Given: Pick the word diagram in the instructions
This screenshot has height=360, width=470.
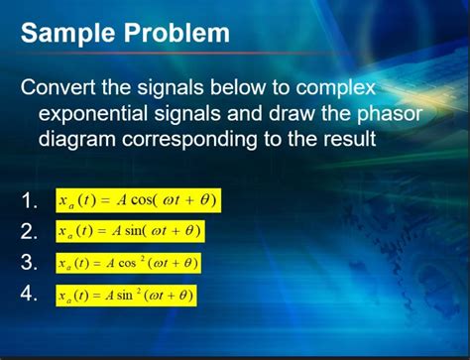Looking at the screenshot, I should tap(80, 140).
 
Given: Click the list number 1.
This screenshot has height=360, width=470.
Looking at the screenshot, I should tap(29, 202).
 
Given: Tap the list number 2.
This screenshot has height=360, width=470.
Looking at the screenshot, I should tap(29, 232).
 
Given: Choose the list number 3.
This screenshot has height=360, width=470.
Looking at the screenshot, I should tap(29, 263).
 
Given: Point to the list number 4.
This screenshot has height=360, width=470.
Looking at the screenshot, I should tap(29, 295).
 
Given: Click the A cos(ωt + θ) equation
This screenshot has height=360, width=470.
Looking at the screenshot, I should tap(137, 201).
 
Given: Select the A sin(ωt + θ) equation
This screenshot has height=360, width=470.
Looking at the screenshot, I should tap(130, 231).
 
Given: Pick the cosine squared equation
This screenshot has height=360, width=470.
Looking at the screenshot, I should tap(129, 263).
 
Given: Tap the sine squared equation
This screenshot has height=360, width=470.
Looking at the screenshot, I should tap(126, 295).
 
